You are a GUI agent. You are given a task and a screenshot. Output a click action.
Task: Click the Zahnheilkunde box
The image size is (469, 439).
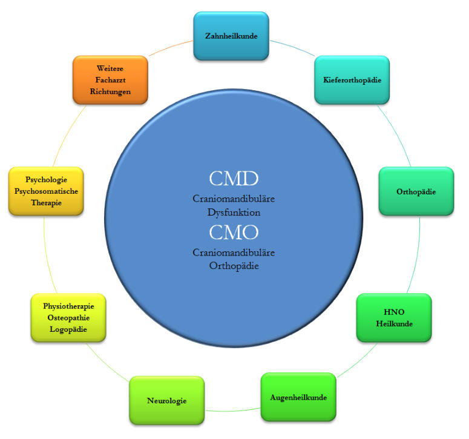(x=231, y=36)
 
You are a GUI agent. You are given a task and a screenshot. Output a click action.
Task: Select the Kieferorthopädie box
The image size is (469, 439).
(x=352, y=80)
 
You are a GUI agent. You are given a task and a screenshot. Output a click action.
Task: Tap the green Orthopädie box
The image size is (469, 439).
(x=416, y=191)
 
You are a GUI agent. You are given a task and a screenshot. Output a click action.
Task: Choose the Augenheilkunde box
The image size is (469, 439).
(x=298, y=398)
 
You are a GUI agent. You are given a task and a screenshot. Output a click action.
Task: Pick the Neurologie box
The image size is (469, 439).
(x=166, y=401)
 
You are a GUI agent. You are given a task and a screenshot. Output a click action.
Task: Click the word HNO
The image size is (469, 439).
(x=394, y=312)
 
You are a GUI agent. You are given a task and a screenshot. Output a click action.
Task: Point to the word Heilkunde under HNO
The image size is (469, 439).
(x=394, y=324)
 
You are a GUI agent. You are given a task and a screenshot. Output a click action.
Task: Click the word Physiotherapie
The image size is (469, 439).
(x=68, y=306)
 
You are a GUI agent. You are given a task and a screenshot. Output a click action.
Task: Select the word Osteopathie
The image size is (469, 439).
(x=68, y=318)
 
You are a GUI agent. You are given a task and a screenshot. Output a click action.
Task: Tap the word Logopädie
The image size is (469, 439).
(x=68, y=329)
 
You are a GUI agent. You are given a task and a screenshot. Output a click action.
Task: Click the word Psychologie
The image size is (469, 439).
(x=46, y=180)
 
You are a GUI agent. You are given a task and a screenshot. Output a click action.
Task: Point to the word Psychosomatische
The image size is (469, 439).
(x=46, y=191)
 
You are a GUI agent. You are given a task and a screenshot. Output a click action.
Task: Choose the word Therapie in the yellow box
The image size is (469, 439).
(x=46, y=203)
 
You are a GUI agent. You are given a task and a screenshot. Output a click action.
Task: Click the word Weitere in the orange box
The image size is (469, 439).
(x=110, y=68)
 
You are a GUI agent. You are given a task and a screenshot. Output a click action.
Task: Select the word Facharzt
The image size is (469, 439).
(x=110, y=80)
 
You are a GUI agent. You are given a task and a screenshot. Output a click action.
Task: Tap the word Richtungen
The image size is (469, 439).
(x=110, y=91)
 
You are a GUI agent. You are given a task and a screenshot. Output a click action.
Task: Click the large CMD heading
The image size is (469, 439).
(x=234, y=179)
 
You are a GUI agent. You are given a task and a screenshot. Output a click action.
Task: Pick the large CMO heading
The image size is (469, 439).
(x=234, y=232)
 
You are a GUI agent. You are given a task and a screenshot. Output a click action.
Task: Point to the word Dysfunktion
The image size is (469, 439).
(x=234, y=213)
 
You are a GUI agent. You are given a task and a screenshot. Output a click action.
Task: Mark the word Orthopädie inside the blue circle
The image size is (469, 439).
(x=234, y=266)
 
